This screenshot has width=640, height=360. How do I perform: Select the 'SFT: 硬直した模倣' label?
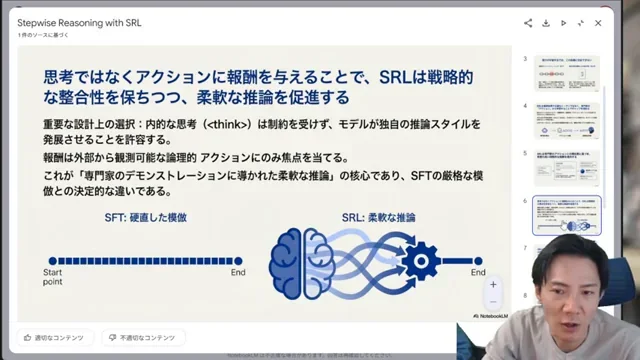145,217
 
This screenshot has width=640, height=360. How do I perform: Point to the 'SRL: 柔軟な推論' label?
377,217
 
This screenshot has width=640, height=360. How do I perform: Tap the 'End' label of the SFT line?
238,272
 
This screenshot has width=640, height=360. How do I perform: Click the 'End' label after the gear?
478,272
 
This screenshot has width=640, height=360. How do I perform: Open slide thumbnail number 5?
567,166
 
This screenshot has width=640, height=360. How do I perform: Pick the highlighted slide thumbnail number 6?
567,214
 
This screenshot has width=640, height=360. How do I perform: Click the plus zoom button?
493,284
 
